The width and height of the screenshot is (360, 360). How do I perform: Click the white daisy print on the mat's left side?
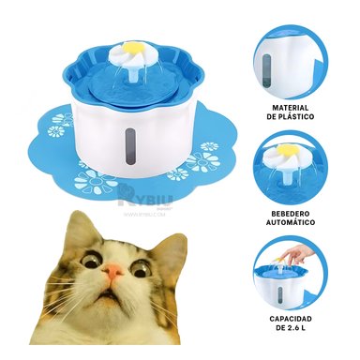[61, 120]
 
